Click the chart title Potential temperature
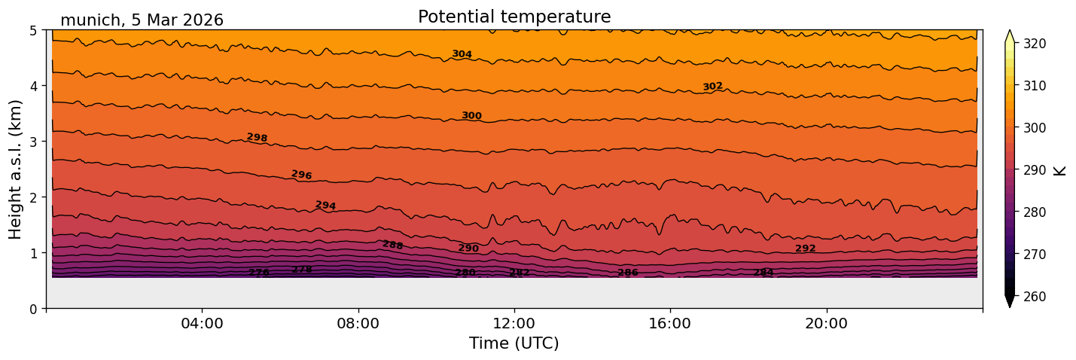point(514,17)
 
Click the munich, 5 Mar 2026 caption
point(142,20)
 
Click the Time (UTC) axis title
point(514,343)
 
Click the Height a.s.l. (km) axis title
point(16,169)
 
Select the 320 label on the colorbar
point(1034,44)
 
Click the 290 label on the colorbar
point(1034,170)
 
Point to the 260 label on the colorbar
point(1034,297)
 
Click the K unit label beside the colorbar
point(1061,170)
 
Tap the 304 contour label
point(462,54)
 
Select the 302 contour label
point(712,87)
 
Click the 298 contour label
point(257,137)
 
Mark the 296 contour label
point(301,175)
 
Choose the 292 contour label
point(805,249)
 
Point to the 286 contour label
point(627,273)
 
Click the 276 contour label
point(258,273)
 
